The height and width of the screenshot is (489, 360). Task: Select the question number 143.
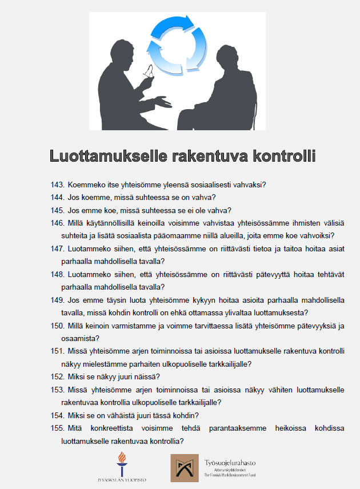57,185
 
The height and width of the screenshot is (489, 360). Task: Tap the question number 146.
57,223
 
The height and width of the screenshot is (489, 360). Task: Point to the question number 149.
57,299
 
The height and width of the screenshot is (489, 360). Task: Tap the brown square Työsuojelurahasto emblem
185,468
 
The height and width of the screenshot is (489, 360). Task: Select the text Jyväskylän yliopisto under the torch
121,480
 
